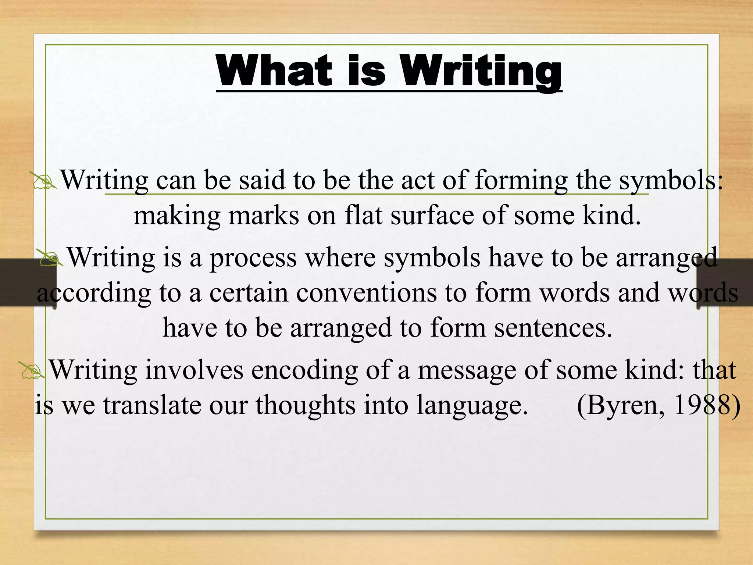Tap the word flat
(x=363, y=216)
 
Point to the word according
(x=94, y=294)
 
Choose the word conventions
(x=366, y=293)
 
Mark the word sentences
(x=553, y=328)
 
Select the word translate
(x=152, y=405)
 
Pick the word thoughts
(x=306, y=405)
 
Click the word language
(x=472, y=406)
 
